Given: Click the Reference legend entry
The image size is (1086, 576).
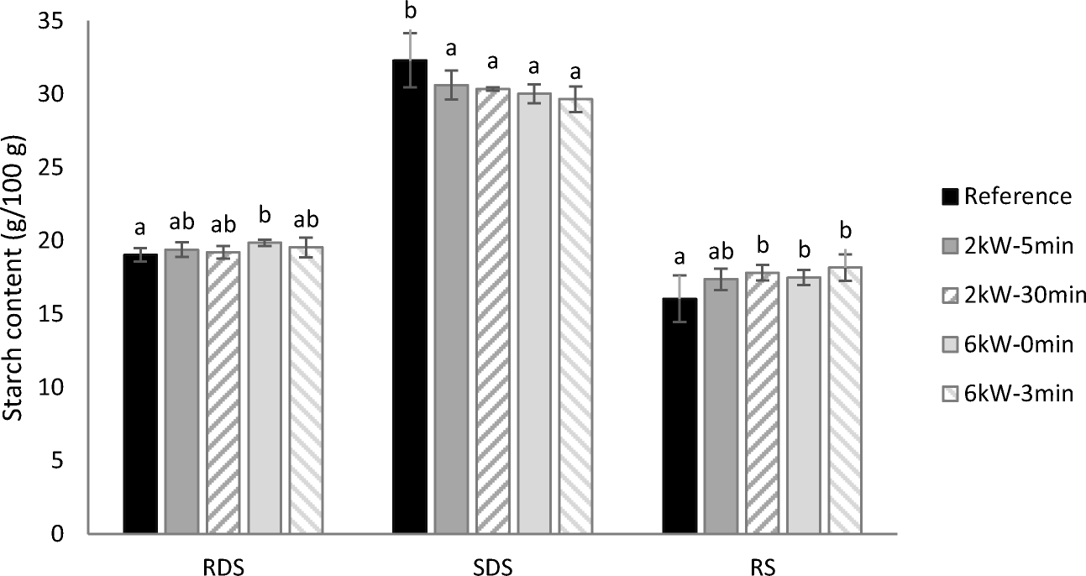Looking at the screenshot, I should [x=1009, y=196].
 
